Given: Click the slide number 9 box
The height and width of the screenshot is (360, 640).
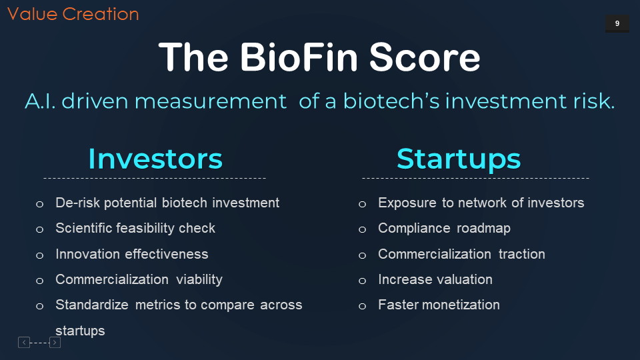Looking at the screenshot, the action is click(x=617, y=23).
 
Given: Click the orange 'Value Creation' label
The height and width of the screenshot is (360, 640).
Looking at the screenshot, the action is click(x=73, y=14).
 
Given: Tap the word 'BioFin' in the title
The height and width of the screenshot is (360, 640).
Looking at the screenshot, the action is click(x=299, y=57).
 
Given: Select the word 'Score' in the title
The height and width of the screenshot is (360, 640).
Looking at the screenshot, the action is click(x=425, y=57).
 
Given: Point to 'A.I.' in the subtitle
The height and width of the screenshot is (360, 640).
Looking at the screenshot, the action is click(x=40, y=101).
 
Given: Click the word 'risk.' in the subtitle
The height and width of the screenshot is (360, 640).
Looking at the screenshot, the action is click(x=594, y=101).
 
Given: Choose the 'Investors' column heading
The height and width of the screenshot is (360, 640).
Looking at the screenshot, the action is click(x=155, y=159).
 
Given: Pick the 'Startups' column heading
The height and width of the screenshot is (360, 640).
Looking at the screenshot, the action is click(x=459, y=159).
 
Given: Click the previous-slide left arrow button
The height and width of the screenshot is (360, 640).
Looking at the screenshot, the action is click(x=24, y=343).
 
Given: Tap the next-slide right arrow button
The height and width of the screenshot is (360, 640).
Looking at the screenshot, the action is click(x=55, y=343).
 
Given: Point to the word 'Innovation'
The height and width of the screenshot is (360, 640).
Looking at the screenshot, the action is click(x=87, y=254).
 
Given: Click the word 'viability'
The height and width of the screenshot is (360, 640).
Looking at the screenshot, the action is click(x=199, y=279).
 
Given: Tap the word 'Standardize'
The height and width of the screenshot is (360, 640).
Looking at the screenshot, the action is click(x=92, y=305).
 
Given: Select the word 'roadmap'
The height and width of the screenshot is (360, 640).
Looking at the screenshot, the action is click(x=483, y=228).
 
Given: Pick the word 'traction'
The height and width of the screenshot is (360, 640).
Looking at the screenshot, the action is click(x=521, y=254).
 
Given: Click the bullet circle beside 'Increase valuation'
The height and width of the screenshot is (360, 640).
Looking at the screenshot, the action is click(x=362, y=281).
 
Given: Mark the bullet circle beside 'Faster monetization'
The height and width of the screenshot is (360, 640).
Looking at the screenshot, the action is click(x=362, y=306).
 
